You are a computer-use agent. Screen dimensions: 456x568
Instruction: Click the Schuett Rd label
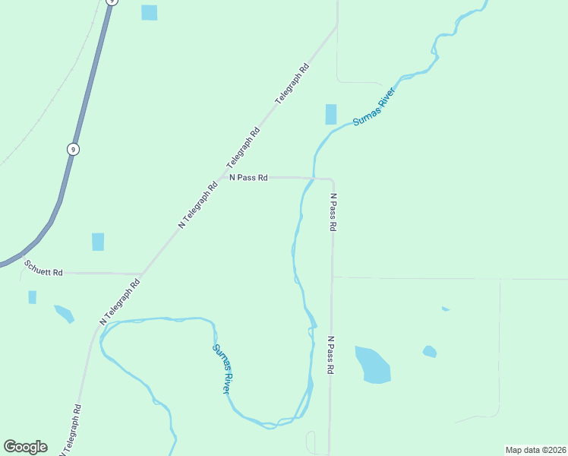tap(43, 267)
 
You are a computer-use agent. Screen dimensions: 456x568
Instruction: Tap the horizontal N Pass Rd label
tap(249, 178)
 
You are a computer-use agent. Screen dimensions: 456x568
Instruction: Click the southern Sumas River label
tap(222, 369)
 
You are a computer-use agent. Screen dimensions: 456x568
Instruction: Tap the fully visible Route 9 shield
tap(73, 149)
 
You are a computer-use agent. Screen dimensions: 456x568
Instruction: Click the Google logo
tap(25, 446)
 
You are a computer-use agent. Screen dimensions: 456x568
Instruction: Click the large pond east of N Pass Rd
tap(372, 365)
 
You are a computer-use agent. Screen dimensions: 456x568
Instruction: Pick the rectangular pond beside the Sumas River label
tap(331, 114)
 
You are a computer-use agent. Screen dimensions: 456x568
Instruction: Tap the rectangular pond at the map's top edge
tap(149, 12)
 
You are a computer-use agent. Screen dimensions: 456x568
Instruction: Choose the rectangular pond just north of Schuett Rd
tap(98, 242)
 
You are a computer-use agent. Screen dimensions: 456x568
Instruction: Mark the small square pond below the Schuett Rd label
tap(33, 297)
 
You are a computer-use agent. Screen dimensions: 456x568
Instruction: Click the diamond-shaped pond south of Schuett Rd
tap(65, 313)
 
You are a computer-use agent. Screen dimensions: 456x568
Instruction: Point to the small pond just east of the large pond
tap(430, 352)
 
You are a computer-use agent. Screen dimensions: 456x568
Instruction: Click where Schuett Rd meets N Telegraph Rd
tap(141, 274)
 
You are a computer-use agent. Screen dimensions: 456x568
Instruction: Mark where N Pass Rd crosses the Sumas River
tap(313, 178)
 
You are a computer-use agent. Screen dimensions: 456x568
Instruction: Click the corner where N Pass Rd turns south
tap(332, 180)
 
